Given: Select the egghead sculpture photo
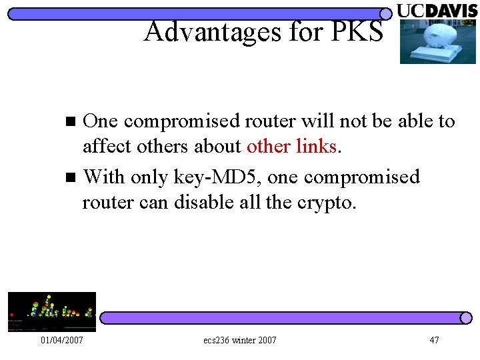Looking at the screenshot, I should pyautogui.click(x=437, y=41).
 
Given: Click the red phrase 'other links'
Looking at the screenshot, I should pyautogui.click(x=291, y=146).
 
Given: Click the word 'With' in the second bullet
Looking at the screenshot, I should pyautogui.click(x=104, y=177).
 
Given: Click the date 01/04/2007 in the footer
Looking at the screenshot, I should pyautogui.click(x=61, y=341).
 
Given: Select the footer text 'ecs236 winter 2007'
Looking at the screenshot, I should pyautogui.click(x=239, y=341).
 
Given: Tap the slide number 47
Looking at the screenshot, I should pyautogui.click(x=434, y=341).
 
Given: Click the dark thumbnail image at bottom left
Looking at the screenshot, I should pyautogui.click(x=51, y=311).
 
